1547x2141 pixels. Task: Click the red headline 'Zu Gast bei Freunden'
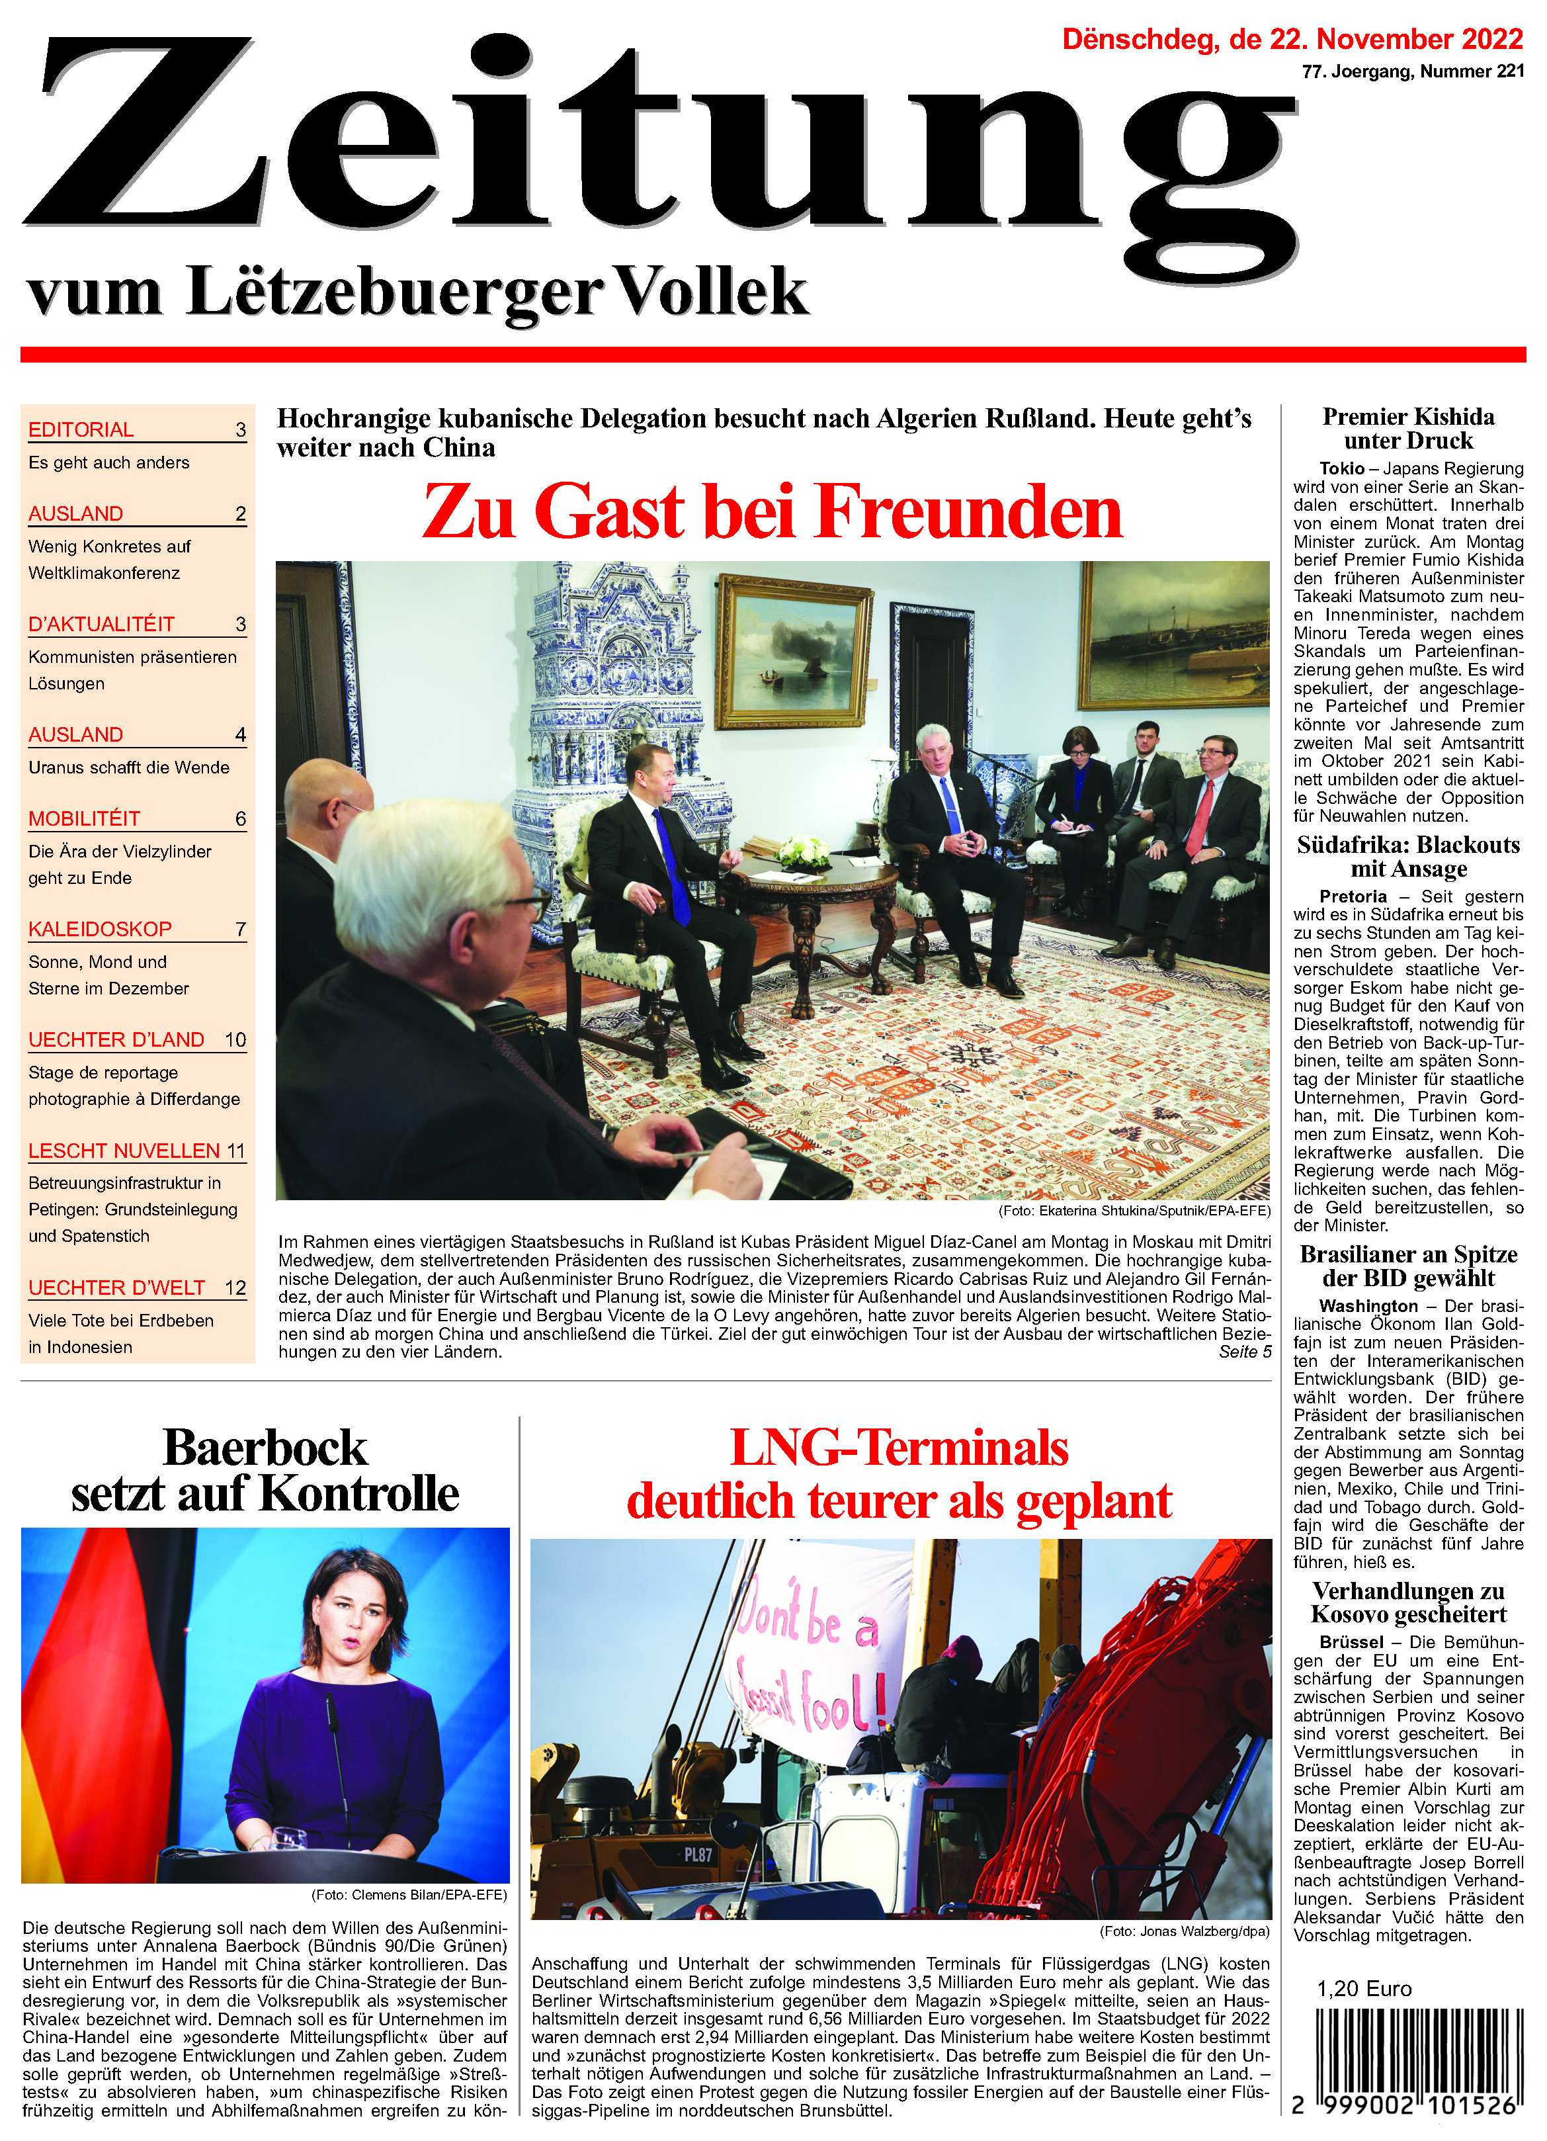pos(772,511)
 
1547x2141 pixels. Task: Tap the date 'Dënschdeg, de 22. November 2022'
pos(1292,40)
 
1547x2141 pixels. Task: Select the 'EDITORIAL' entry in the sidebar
pos(81,429)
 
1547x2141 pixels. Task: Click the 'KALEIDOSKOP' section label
pos(100,929)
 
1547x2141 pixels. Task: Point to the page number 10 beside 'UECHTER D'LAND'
pos(235,1039)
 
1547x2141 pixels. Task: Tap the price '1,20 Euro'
pos(1364,1988)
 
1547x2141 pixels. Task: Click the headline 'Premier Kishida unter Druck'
pos(1408,429)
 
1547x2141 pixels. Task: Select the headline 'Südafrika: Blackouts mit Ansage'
pos(1408,856)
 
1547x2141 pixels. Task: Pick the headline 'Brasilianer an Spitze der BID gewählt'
pos(1408,1266)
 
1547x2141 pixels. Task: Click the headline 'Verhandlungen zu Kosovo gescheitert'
pos(1408,1602)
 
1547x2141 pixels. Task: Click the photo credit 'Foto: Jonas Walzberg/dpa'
pos(1185,1931)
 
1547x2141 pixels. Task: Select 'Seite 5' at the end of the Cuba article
pos(1244,1352)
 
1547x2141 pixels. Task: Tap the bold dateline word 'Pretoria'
pos(1353,896)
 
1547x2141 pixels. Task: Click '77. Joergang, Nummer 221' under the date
pos(1412,71)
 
